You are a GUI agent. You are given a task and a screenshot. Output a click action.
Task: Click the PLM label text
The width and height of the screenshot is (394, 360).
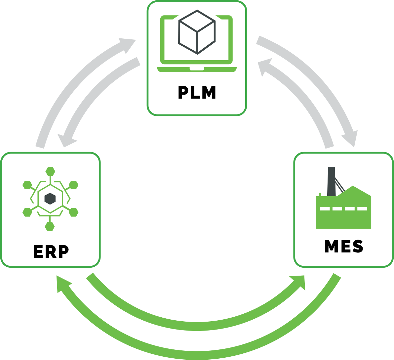(x=197, y=93)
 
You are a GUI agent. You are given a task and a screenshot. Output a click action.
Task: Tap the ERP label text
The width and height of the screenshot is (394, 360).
(x=51, y=252)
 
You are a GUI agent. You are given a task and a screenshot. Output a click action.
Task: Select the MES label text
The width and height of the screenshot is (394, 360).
(x=343, y=247)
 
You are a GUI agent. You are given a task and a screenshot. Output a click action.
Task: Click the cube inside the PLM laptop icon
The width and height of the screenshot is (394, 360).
(x=197, y=32)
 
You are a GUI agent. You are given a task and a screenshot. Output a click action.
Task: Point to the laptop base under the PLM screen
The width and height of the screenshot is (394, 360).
(x=197, y=69)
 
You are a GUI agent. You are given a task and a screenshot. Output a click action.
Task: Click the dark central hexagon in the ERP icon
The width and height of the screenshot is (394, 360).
(x=50, y=199)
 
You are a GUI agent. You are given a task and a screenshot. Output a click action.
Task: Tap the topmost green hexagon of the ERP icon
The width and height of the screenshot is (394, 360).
(x=50, y=171)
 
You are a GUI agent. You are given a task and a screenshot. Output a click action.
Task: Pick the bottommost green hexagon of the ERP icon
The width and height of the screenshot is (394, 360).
(x=50, y=227)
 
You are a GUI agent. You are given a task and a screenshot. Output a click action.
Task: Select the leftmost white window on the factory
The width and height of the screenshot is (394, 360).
(x=325, y=209)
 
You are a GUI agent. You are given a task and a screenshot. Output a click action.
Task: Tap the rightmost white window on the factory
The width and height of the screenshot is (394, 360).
(x=362, y=209)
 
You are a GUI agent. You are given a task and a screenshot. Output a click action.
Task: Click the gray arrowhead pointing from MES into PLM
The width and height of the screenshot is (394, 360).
(x=264, y=67)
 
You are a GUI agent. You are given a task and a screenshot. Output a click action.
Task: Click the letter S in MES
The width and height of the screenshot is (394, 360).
(x=358, y=247)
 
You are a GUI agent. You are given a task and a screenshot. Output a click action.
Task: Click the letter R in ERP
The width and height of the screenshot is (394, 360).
(x=51, y=252)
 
